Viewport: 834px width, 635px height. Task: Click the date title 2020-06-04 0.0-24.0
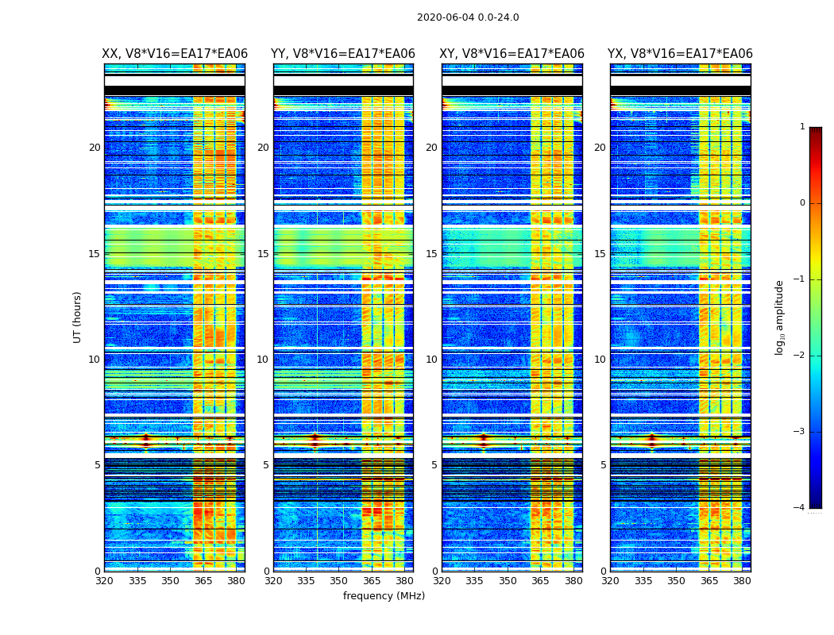pyautogui.click(x=468, y=17)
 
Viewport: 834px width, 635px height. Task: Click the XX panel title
pyautogui.click(x=175, y=54)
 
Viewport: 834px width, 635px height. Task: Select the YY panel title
pyautogui.click(x=343, y=54)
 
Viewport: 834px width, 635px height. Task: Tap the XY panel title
pyautogui.click(x=512, y=54)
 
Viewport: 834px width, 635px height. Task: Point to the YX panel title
pyautogui.click(x=680, y=54)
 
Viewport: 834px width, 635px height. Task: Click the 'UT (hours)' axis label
pyautogui.click(x=77, y=317)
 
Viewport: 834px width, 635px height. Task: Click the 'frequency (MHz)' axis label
pyautogui.click(x=384, y=596)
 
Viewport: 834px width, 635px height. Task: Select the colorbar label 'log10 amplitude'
pyautogui.click(x=780, y=317)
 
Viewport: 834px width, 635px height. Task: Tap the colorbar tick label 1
pyautogui.click(x=802, y=127)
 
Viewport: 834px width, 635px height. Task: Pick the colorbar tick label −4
pyautogui.click(x=800, y=508)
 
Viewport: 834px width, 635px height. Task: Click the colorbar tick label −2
pyautogui.click(x=800, y=356)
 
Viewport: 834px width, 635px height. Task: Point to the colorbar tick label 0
pyautogui.click(x=802, y=203)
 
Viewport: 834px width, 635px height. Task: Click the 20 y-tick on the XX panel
pyautogui.click(x=95, y=148)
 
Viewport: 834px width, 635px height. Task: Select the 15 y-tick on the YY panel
pyautogui.click(x=263, y=254)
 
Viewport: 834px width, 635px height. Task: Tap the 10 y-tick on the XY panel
pyautogui.click(x=431, y=360)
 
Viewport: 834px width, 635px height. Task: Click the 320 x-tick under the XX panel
pyautogui.click(x=104, y=581)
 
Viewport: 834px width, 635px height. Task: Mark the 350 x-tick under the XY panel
pyautogui.click(x=508, y=581)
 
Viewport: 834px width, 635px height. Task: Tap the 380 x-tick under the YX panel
pyautogui.click(x=742, y=581)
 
